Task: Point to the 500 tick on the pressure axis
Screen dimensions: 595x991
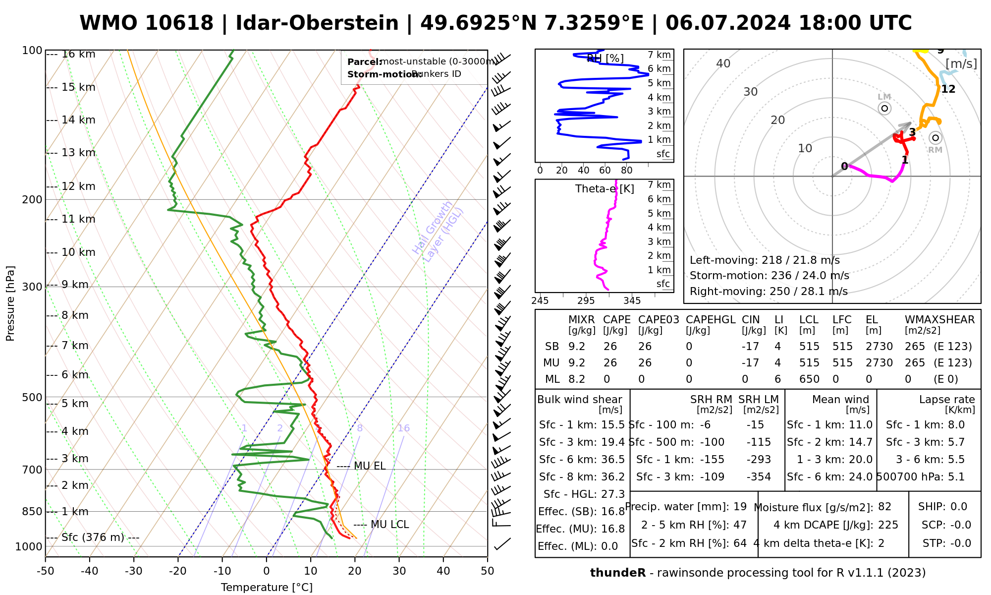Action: [x=33, y=397]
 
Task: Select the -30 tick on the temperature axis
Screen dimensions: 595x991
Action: [x=134, y=571]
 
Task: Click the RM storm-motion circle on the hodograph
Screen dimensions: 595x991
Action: [x=935, y=138]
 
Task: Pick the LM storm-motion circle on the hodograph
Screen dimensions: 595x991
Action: [x=884, y=108]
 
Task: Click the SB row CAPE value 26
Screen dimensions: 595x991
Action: [x=610, y=347]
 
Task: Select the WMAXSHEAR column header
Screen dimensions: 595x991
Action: [x=939, y=320]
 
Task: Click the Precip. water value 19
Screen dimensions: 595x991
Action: [x=740, y=507]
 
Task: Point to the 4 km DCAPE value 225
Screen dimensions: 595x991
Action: [x=888, y=525]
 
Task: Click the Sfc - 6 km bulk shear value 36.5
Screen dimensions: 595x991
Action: [x=612, y=460]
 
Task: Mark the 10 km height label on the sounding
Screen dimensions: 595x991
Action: [x=78, y=252]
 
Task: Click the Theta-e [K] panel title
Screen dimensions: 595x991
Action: [x=605, y=189]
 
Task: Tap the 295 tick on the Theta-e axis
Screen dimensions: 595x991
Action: [x=586, y=300]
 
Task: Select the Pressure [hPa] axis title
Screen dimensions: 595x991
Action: [x=10, y=303]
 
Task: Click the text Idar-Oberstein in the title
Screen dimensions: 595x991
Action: [x=317, y=23]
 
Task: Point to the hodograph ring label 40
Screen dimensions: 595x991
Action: [x=723, y=63]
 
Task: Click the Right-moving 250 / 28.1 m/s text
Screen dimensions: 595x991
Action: [x=769, y=292]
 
